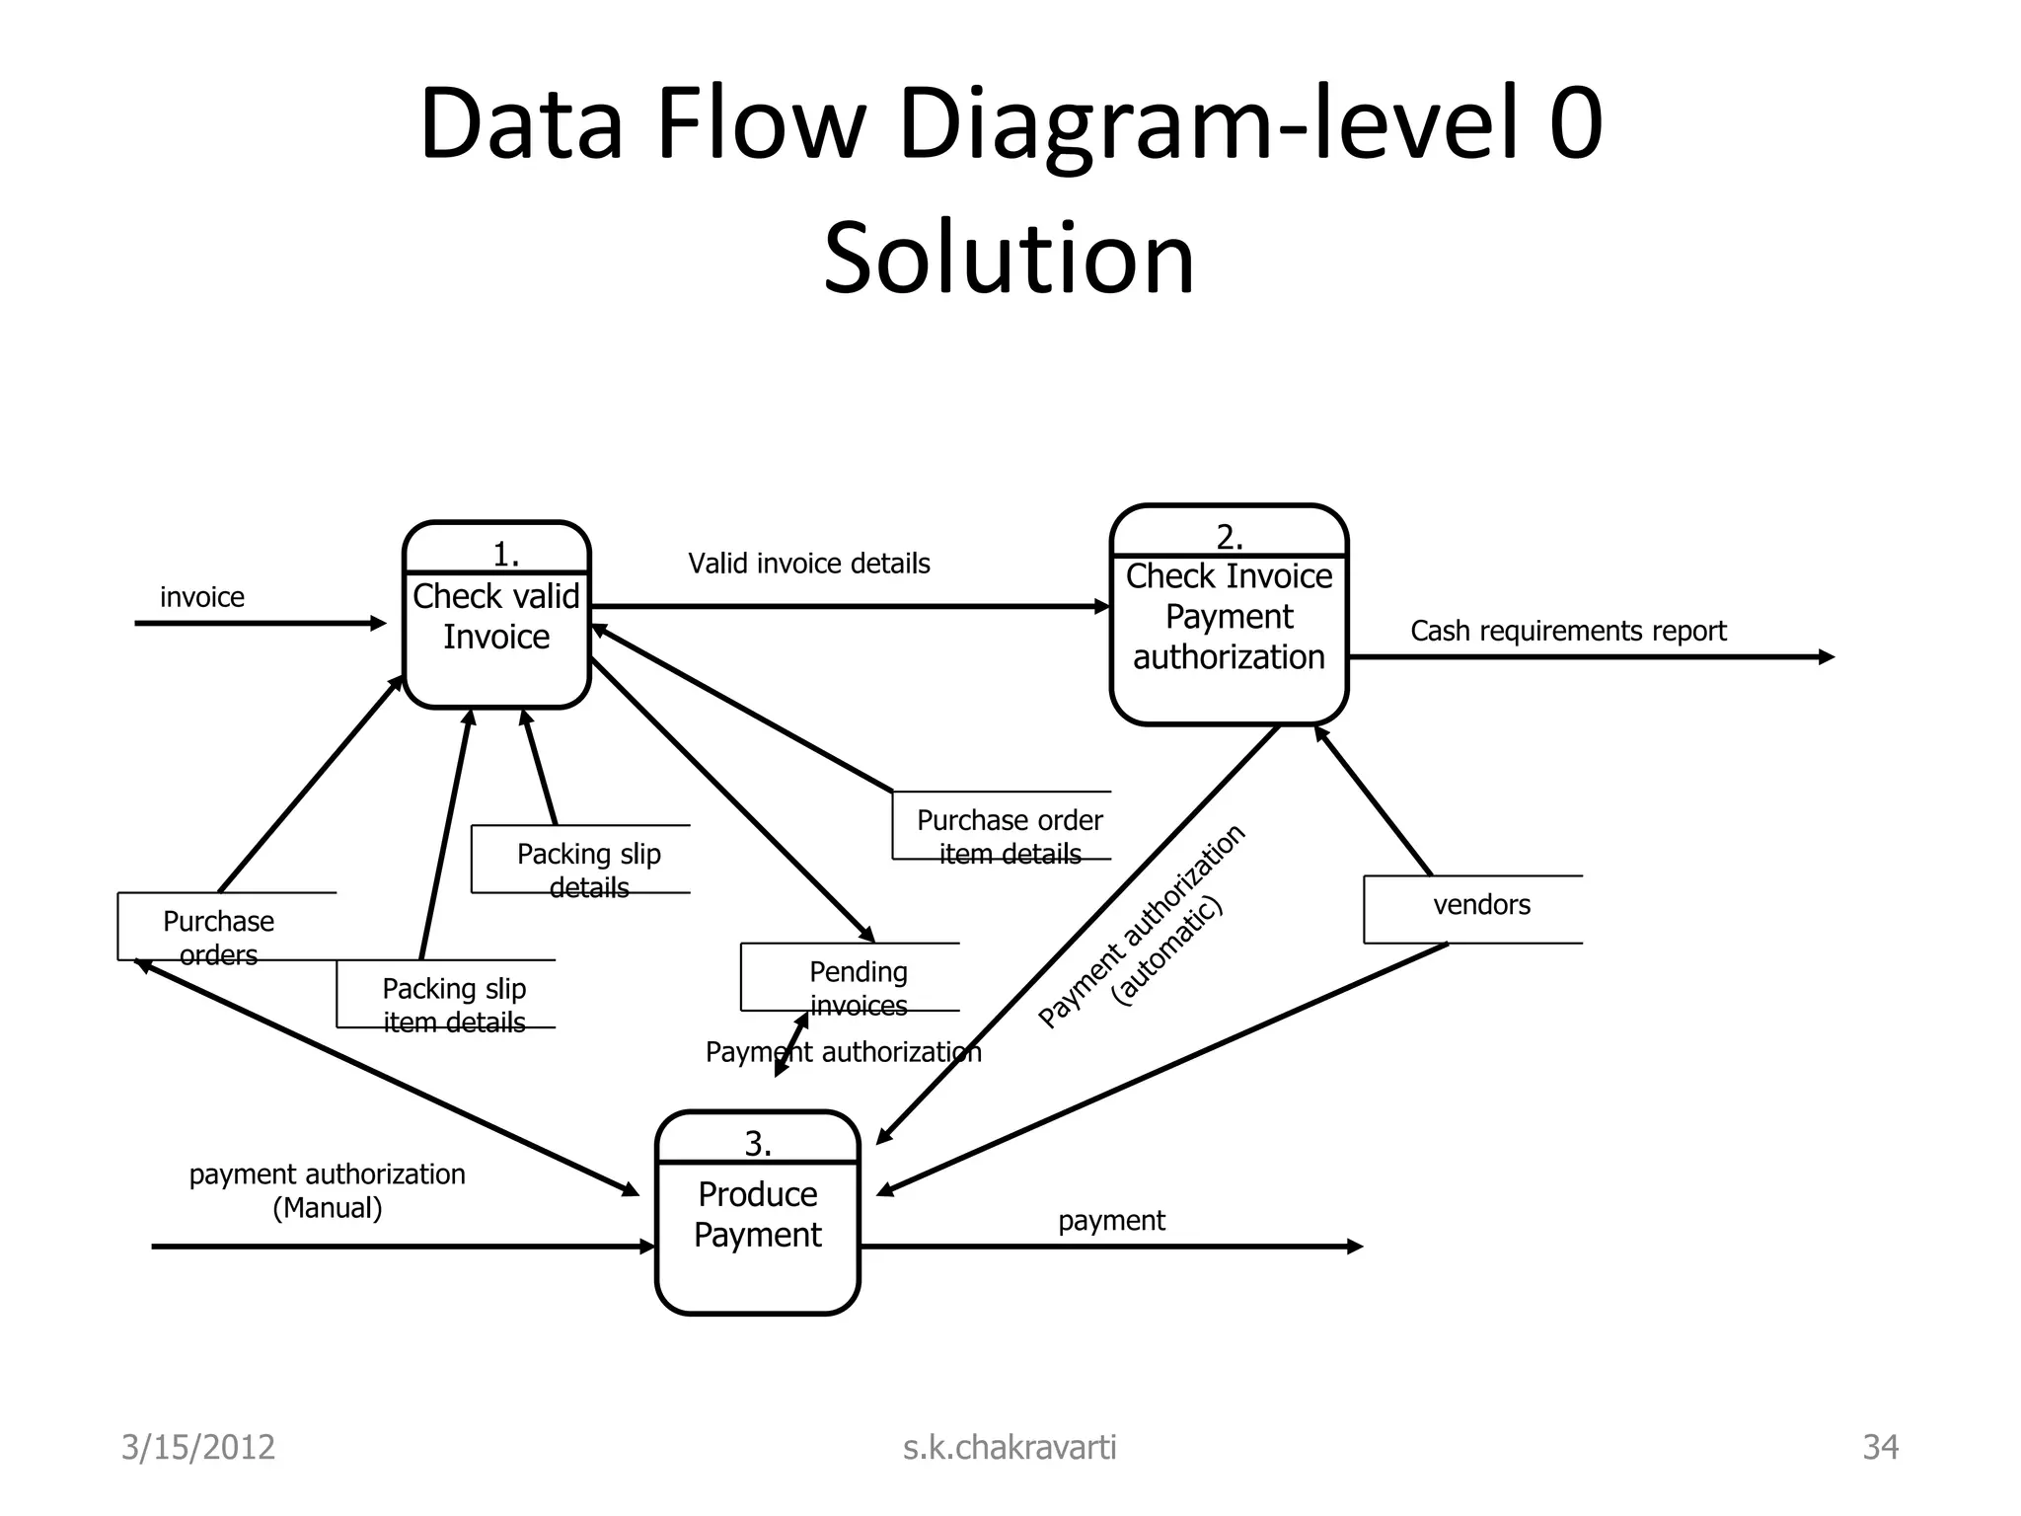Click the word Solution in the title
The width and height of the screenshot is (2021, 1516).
coord(1009,259)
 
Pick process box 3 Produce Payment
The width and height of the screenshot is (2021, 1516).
coord(757,1214)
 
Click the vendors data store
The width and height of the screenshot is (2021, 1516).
coord(1480,906)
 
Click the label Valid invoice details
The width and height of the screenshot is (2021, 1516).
coord(808,564)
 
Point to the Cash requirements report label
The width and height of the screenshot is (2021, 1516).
coord(1567,631)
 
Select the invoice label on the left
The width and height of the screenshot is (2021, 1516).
coord(201,597)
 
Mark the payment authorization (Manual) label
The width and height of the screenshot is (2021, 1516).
coord(327,1190)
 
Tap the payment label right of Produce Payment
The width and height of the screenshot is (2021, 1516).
coord(1111,1221)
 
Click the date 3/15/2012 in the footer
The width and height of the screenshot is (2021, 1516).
coord(197,1447)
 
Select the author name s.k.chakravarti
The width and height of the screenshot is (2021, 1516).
coord(1009,1447)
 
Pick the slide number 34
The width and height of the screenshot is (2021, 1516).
coord(1879,1447)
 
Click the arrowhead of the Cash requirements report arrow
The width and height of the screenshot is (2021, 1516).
coord(1827,656)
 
